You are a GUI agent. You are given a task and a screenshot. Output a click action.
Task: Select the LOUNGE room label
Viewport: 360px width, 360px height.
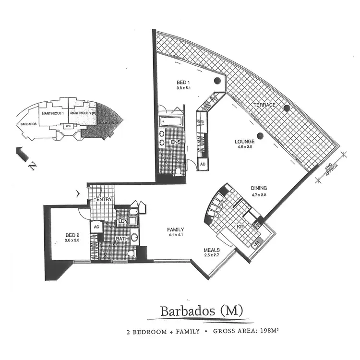tap(244, 142)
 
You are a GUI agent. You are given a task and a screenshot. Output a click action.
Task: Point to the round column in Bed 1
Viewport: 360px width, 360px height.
tap(217, 81)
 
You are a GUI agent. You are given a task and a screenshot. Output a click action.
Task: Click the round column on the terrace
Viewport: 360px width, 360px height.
tap(286, 108)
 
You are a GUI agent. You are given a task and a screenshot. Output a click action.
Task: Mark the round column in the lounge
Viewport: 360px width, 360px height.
tap(260, 136)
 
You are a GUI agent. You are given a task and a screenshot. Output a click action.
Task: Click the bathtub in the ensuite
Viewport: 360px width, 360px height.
tap(170, 122)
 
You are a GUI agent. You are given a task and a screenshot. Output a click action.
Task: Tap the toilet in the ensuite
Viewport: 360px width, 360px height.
tap(179, 171)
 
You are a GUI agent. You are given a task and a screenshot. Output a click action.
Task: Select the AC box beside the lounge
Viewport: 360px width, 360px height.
tap(203, 164)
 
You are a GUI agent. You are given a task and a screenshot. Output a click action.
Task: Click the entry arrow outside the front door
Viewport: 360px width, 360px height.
tap(79, 194)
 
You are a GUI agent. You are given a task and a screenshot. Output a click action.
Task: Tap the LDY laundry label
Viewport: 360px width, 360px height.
tap(123, 221)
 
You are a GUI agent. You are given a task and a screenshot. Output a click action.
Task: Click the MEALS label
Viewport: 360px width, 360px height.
tap(212, 250)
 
